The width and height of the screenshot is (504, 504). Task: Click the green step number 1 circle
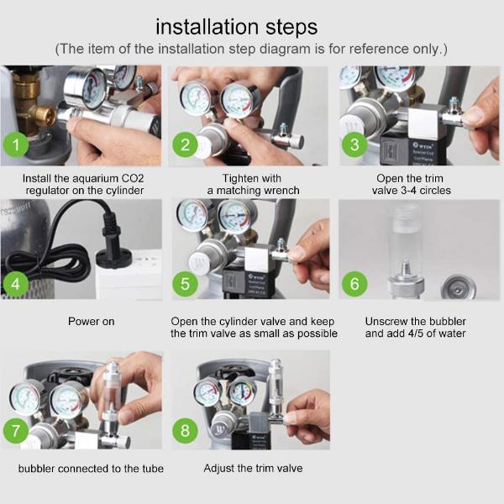[16, 144]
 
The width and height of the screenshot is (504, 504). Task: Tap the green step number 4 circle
[15, 284]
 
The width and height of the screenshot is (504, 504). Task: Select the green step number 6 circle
[354, 284]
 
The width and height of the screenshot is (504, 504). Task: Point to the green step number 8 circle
[185, 431]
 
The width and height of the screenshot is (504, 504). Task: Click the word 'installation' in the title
[207, 27]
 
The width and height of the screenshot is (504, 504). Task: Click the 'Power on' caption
[92, 322]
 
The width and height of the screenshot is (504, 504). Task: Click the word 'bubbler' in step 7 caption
[36, 469]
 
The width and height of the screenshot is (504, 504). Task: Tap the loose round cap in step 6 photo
[458, 288]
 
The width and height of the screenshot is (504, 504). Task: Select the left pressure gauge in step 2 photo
[194, 97]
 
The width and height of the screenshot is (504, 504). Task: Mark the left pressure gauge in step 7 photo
[26, 398]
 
